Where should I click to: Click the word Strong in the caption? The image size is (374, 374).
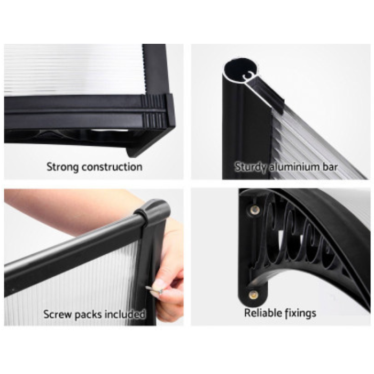point(63,167)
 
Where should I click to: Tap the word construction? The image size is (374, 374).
point(112,167)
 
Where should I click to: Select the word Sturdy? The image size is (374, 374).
point(251,167)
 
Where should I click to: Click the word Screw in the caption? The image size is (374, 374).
point(57,314)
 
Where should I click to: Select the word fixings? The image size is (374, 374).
point(297,314)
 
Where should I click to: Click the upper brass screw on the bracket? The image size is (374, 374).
point(254,209)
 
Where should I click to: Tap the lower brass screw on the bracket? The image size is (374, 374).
point(254,295)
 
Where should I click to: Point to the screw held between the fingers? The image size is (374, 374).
point(154,290)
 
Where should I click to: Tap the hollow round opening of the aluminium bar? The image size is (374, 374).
point(240,71)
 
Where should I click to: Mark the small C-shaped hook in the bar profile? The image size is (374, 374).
point(248,75)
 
